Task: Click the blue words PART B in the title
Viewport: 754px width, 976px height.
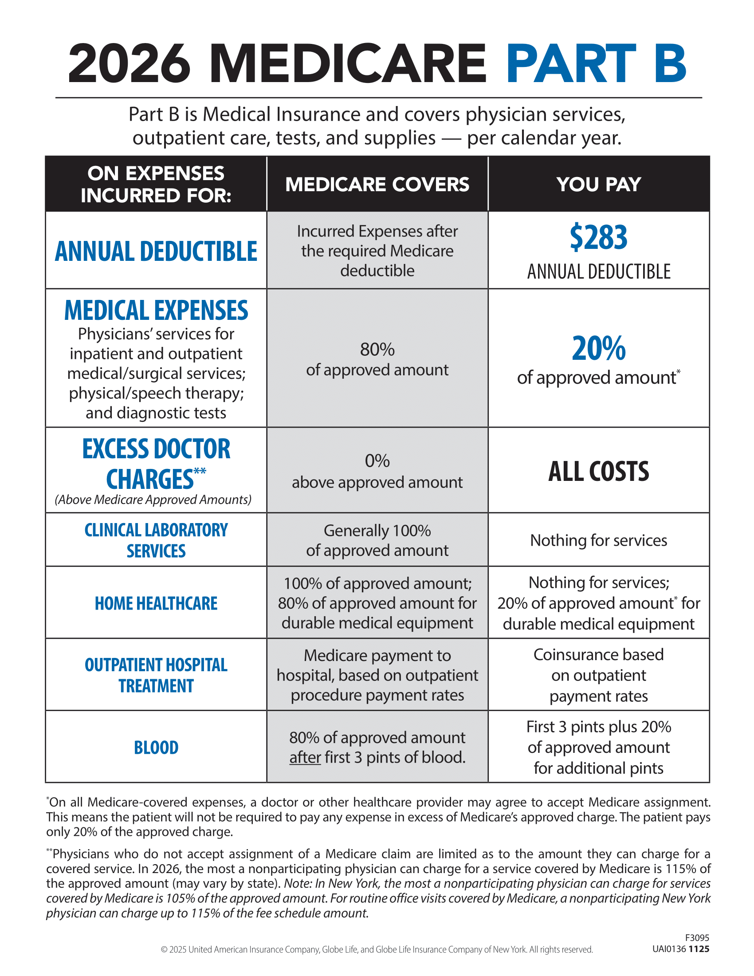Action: tap(596, 63)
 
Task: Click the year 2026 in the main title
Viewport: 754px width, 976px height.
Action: tap(129, 63)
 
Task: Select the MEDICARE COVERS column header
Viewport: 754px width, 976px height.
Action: tap(377, 184)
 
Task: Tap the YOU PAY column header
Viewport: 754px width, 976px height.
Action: tap(599, 184)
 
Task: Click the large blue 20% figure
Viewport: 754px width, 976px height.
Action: tap(599, 349)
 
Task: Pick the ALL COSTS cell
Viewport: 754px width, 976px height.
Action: tap(599, 471)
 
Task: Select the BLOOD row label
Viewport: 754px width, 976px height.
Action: tap(156, 748)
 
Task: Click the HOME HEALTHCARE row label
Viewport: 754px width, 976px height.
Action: tap(156, 603)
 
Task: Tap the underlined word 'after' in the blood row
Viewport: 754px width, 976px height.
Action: tap(305, 757)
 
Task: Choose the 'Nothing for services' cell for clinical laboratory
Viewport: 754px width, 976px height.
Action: tap(599, 540)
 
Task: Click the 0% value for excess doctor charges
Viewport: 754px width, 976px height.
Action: tap(377, 461)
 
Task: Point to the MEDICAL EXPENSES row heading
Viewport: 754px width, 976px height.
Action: tap(156, 310)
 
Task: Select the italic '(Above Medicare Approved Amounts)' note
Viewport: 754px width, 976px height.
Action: tap(153, 500)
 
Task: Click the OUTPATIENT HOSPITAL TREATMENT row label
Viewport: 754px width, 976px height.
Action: tap(156, 675)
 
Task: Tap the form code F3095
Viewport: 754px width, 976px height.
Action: tap(697, 938)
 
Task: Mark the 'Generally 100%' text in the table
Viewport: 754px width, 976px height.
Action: tap(377, 531)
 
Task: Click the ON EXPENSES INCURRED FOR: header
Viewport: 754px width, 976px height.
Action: tap(156, 184)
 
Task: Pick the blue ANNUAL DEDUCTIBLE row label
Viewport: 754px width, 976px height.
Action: tap(156, 251)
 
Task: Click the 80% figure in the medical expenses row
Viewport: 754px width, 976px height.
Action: tap(377, 350)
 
